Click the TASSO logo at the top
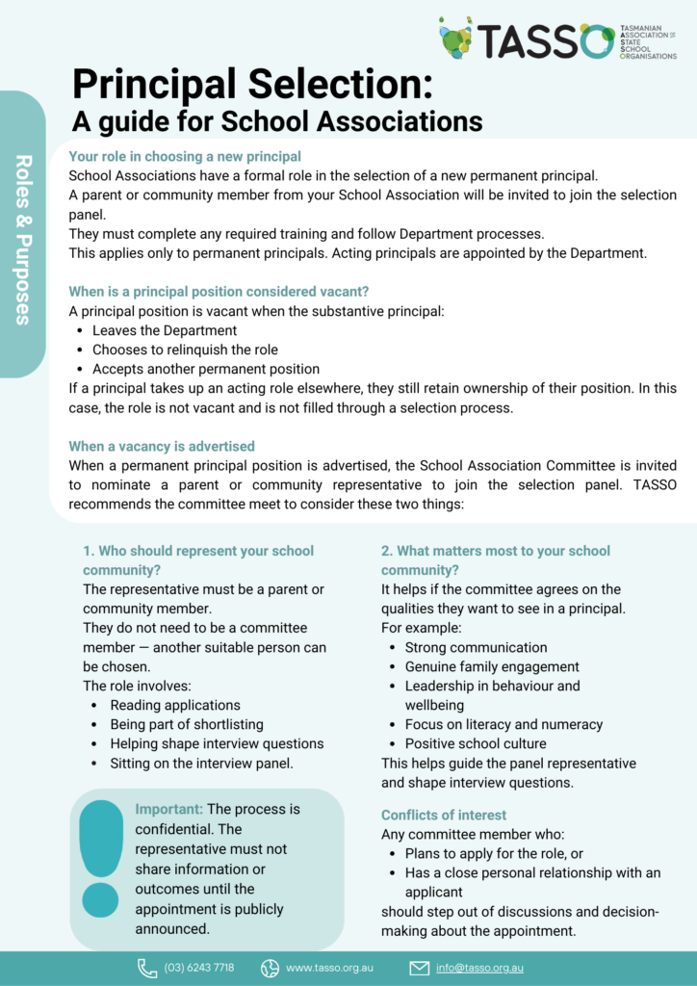pos(556,40)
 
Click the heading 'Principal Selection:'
pos(252,87)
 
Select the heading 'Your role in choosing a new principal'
pos(185,156)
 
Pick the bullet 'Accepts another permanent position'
pos(206,369)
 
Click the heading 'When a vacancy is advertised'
pos(162,446)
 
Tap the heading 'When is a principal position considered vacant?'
pos(219,291)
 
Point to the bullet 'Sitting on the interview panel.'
pos(201,763)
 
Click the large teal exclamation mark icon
pos(101,857)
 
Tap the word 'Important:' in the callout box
pos(169,809)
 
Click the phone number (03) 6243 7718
pos(198,967)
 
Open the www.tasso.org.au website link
pos(329,967)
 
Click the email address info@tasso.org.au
pos(479,967)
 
